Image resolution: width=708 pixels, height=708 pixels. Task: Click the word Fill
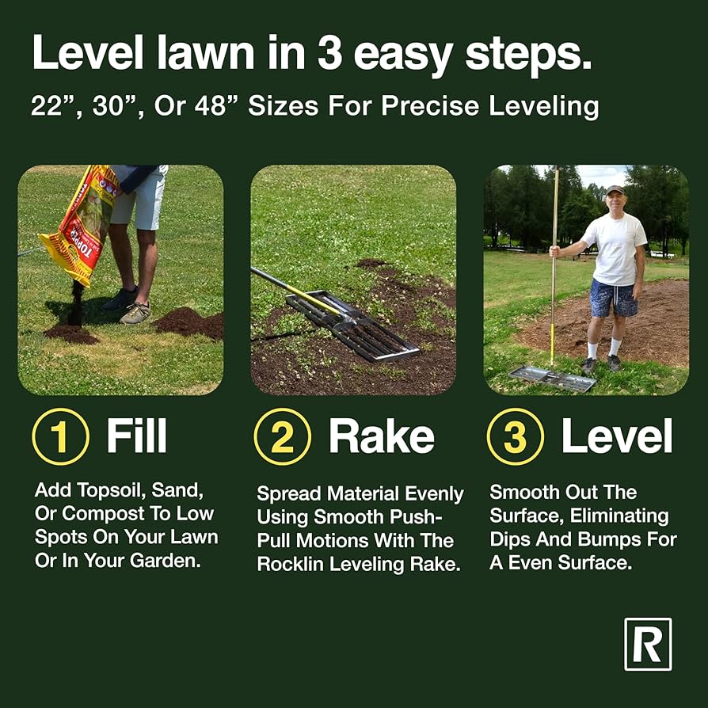tap(136, 437)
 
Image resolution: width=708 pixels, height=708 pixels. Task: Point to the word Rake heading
tap(381, 437)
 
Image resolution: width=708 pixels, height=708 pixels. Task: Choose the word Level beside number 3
tap(616, 437)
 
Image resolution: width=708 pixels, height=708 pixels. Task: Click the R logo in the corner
tap(647, 644)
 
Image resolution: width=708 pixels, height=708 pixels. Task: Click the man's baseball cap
tap(615, 190)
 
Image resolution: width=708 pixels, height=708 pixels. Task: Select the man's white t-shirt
tap(615, 247)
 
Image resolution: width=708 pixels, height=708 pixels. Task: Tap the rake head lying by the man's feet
tap(553, 378)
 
